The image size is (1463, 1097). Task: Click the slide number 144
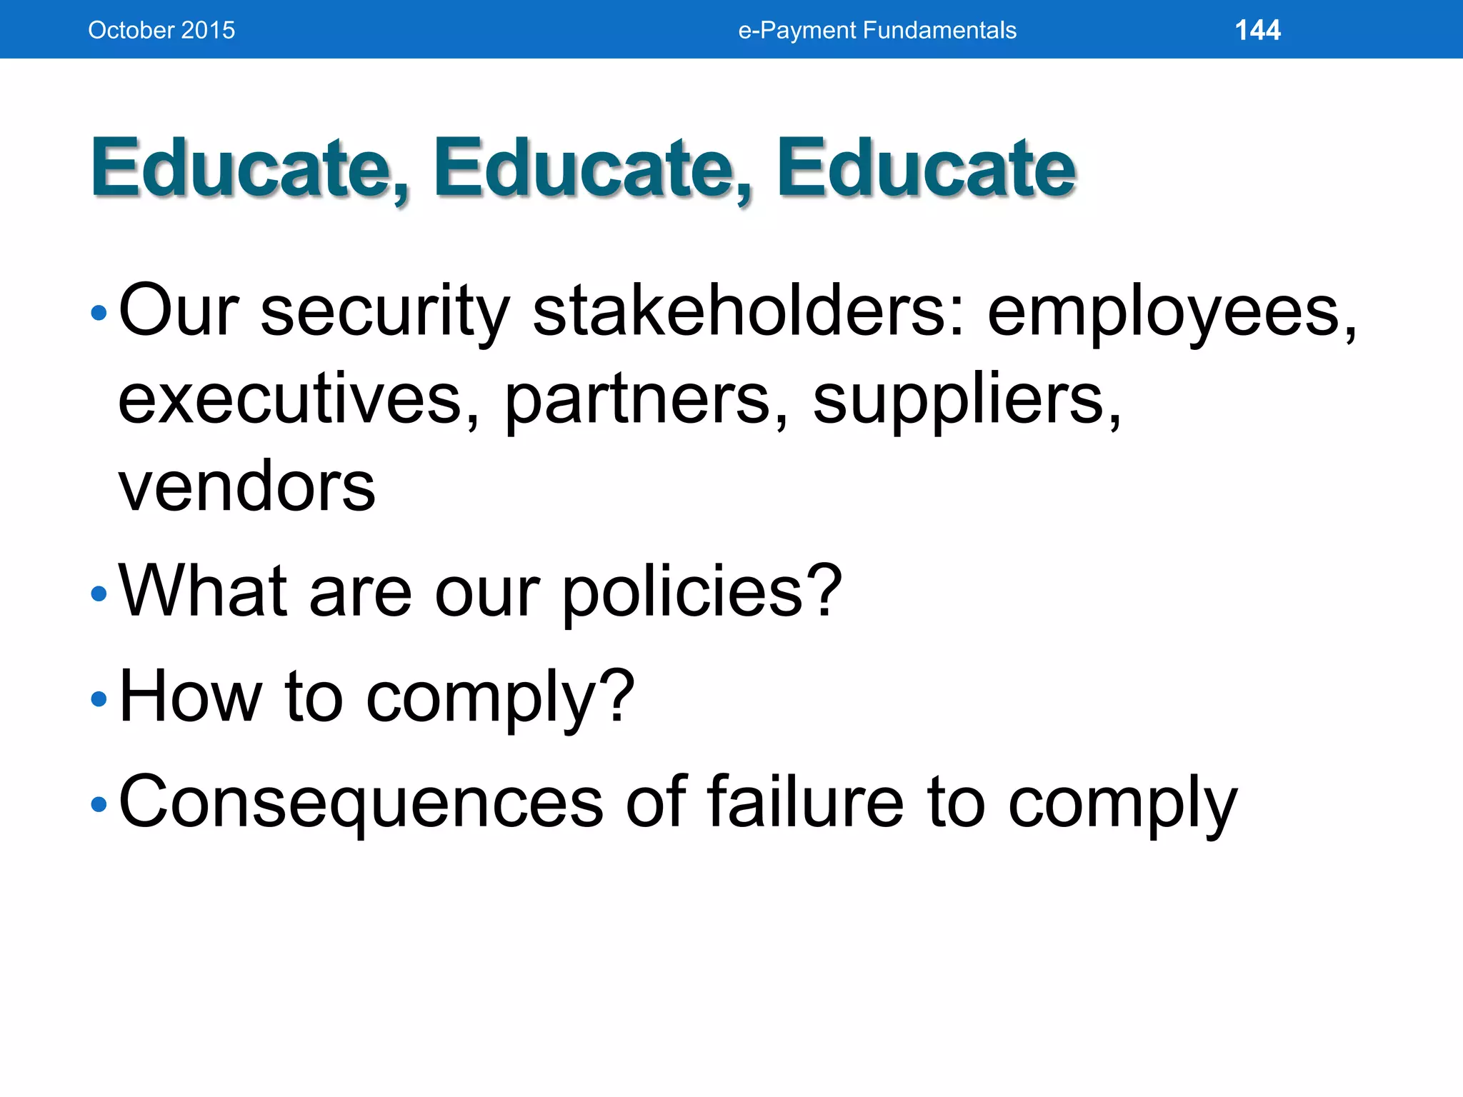(1257, 30)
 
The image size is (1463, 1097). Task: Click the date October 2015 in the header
(161, 30)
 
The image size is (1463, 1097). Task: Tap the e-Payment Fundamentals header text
(877, 30)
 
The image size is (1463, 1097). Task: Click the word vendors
(246, 487)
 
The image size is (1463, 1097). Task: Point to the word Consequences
(361, 803)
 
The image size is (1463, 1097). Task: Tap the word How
(189, 697)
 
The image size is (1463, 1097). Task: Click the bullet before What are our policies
(99, 594)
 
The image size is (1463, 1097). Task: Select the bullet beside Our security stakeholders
(99, 313)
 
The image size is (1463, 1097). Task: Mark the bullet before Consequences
(99, 805)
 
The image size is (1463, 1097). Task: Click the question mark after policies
(826, 590)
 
